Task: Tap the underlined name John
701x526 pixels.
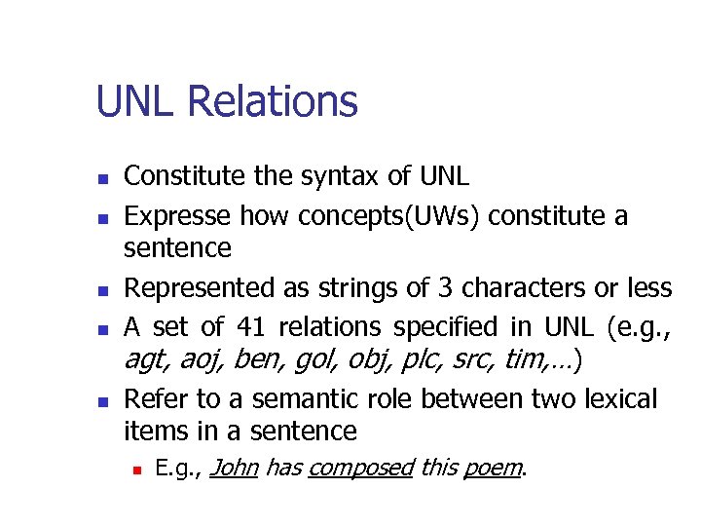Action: pos(233,469)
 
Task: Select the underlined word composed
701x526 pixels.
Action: pos(346,470)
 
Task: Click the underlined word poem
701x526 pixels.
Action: pos(492,470)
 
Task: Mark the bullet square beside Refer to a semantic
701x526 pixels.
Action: pos(103,400)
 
